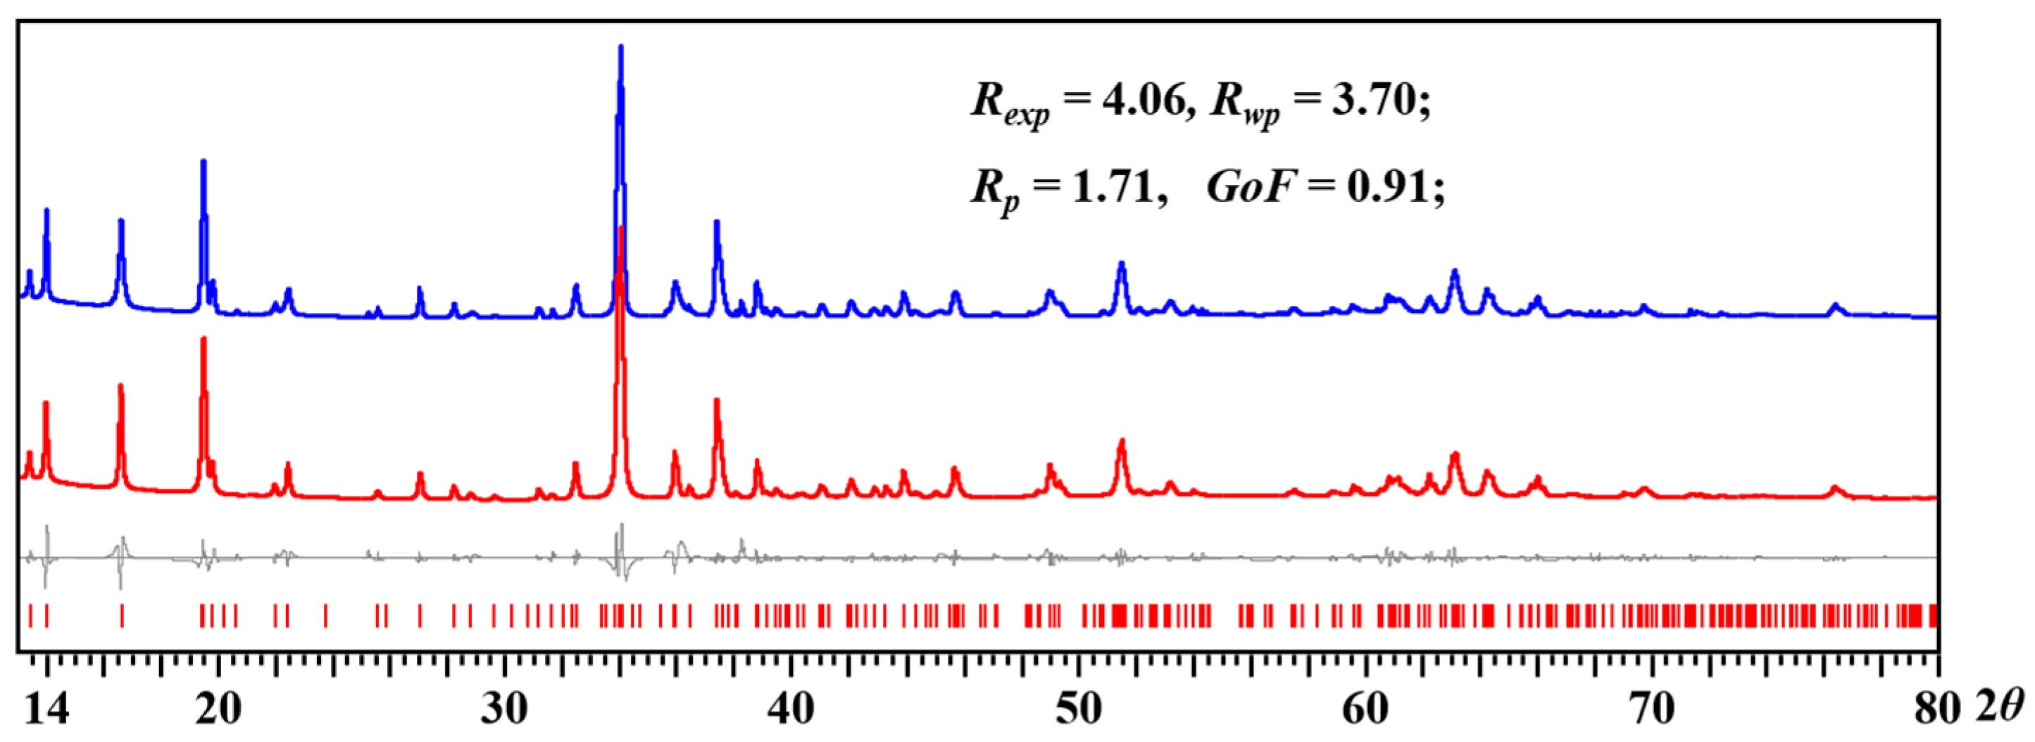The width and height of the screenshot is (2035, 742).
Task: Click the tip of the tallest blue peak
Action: (621, 47)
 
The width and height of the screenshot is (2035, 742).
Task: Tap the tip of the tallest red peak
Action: (621, 229)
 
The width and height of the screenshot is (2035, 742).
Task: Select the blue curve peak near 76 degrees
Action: (1835, 305)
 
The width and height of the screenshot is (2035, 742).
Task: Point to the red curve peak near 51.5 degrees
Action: (1121, 441)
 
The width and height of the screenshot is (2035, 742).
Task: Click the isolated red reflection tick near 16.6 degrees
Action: (122, 615)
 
